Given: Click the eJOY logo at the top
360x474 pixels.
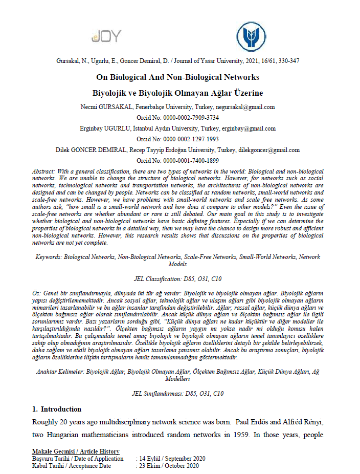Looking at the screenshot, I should point(106,36).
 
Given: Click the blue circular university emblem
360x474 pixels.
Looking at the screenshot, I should point(251,36).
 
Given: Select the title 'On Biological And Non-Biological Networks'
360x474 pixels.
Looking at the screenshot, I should point(178,77).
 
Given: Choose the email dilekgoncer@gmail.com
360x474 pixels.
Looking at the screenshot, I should point(268,150).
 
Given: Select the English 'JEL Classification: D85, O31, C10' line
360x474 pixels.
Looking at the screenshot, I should point(178,279).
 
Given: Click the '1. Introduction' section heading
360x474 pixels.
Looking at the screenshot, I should point(56,409).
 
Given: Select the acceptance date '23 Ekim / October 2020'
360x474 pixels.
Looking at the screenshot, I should point(168,466).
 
